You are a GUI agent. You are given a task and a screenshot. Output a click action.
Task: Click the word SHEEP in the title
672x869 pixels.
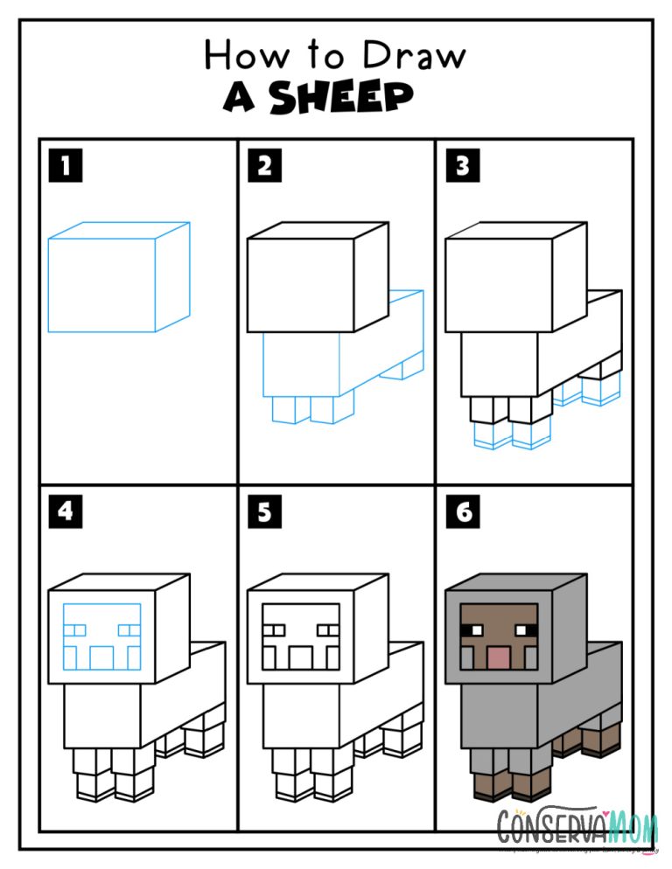(341, 99)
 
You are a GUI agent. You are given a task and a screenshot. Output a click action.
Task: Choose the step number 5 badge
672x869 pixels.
(264, 511)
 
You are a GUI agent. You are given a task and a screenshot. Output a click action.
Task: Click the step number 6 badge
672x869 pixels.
(463, 511)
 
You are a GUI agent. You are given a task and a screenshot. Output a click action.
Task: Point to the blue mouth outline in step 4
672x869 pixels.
(102, 657)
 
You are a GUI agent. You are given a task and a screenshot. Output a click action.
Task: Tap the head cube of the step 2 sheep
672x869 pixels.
(301, 284)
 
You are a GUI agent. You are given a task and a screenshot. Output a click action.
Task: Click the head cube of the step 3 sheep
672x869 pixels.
(499, 284)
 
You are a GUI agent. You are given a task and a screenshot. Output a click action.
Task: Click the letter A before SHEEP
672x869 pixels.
(239, 99)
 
